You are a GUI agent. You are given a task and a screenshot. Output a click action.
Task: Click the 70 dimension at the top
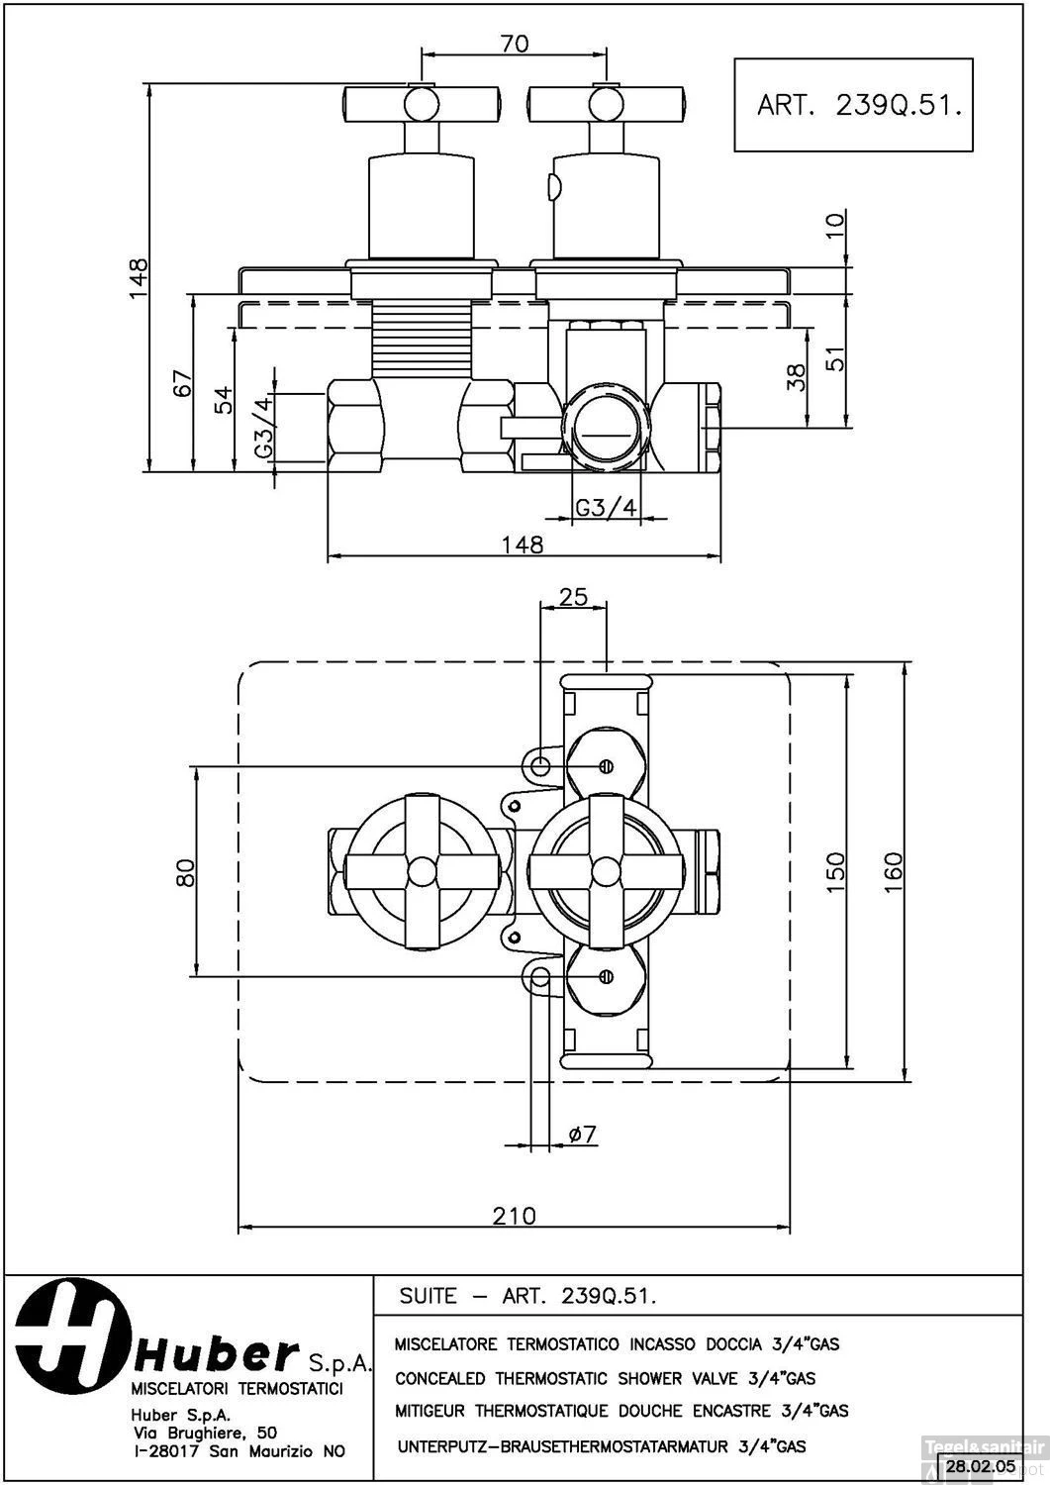515,43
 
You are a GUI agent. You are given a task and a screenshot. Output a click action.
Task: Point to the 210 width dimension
514,1214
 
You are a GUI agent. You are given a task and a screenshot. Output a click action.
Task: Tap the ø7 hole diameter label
584,1135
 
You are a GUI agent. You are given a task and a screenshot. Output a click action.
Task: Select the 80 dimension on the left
184,872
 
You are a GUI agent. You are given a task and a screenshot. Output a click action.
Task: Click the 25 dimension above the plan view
573,597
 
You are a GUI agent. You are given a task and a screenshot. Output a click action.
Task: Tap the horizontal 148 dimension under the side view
523,544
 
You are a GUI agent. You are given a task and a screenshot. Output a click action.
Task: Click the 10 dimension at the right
836,225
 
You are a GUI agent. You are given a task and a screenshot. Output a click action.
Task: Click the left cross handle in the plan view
424,871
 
